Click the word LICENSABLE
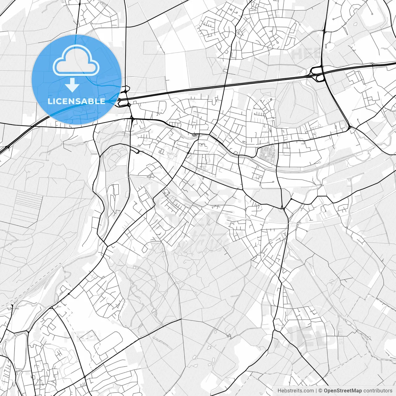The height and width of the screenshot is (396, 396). [76, 101]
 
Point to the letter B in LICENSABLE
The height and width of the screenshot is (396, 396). [91, 101]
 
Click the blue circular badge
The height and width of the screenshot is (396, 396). [76, 79]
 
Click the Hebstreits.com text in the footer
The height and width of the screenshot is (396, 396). [296, 391]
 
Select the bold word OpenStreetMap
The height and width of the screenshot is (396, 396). [343, 391]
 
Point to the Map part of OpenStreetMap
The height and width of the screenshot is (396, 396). [356, 391]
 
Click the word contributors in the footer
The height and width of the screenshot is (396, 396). [378, 391]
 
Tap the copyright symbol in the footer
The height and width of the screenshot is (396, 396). [321, 391]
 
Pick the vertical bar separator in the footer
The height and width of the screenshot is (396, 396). [316, 391]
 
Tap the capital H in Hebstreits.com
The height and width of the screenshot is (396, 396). [279, 391]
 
